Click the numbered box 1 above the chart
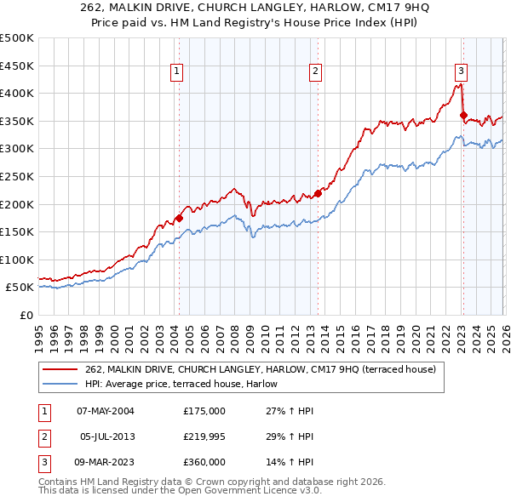177,72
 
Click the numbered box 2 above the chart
315,72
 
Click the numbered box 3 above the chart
461,72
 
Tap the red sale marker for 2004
180,218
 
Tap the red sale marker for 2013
318,193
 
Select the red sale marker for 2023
463,116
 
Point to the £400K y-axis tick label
17,94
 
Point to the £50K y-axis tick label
20,288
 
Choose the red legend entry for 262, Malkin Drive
261,369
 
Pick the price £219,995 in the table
204,436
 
